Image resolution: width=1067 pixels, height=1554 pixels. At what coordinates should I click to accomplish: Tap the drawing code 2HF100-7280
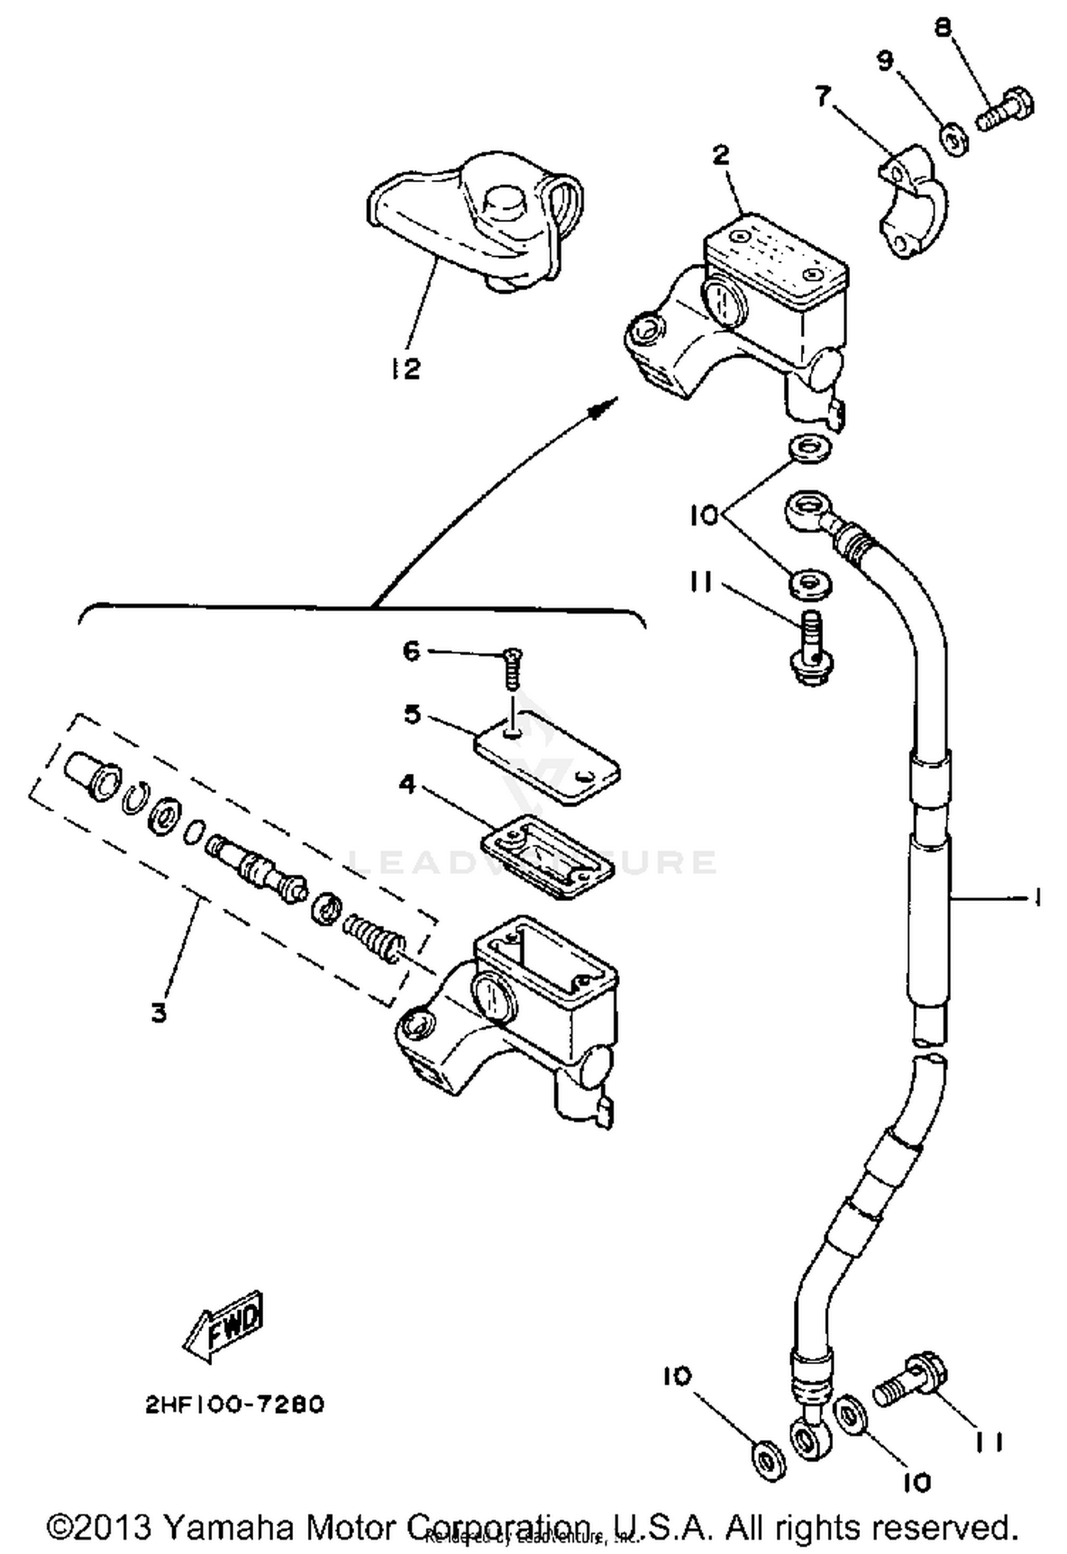tap(235, 1404)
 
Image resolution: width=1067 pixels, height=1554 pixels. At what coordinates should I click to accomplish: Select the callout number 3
tap(159, 1012)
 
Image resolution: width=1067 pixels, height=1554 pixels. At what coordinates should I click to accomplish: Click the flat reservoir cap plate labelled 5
tap(546, 759)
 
